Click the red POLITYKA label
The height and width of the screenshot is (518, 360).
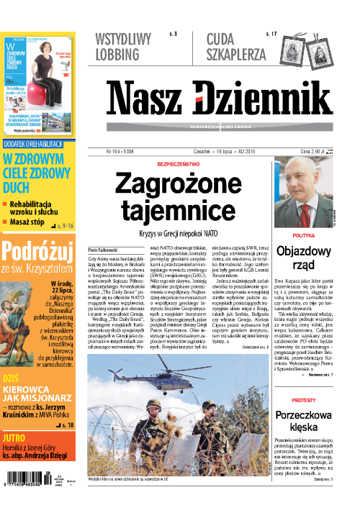308,236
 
